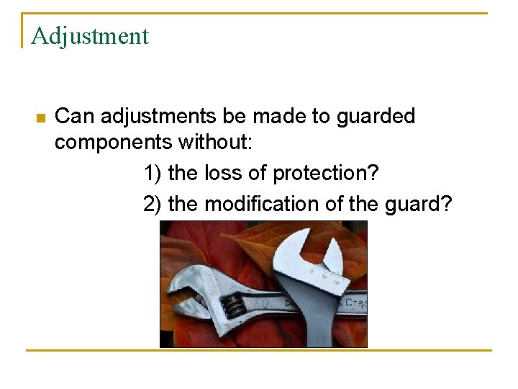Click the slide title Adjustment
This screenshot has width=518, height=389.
(90, 36)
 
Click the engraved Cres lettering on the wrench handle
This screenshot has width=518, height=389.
(355, 303)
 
